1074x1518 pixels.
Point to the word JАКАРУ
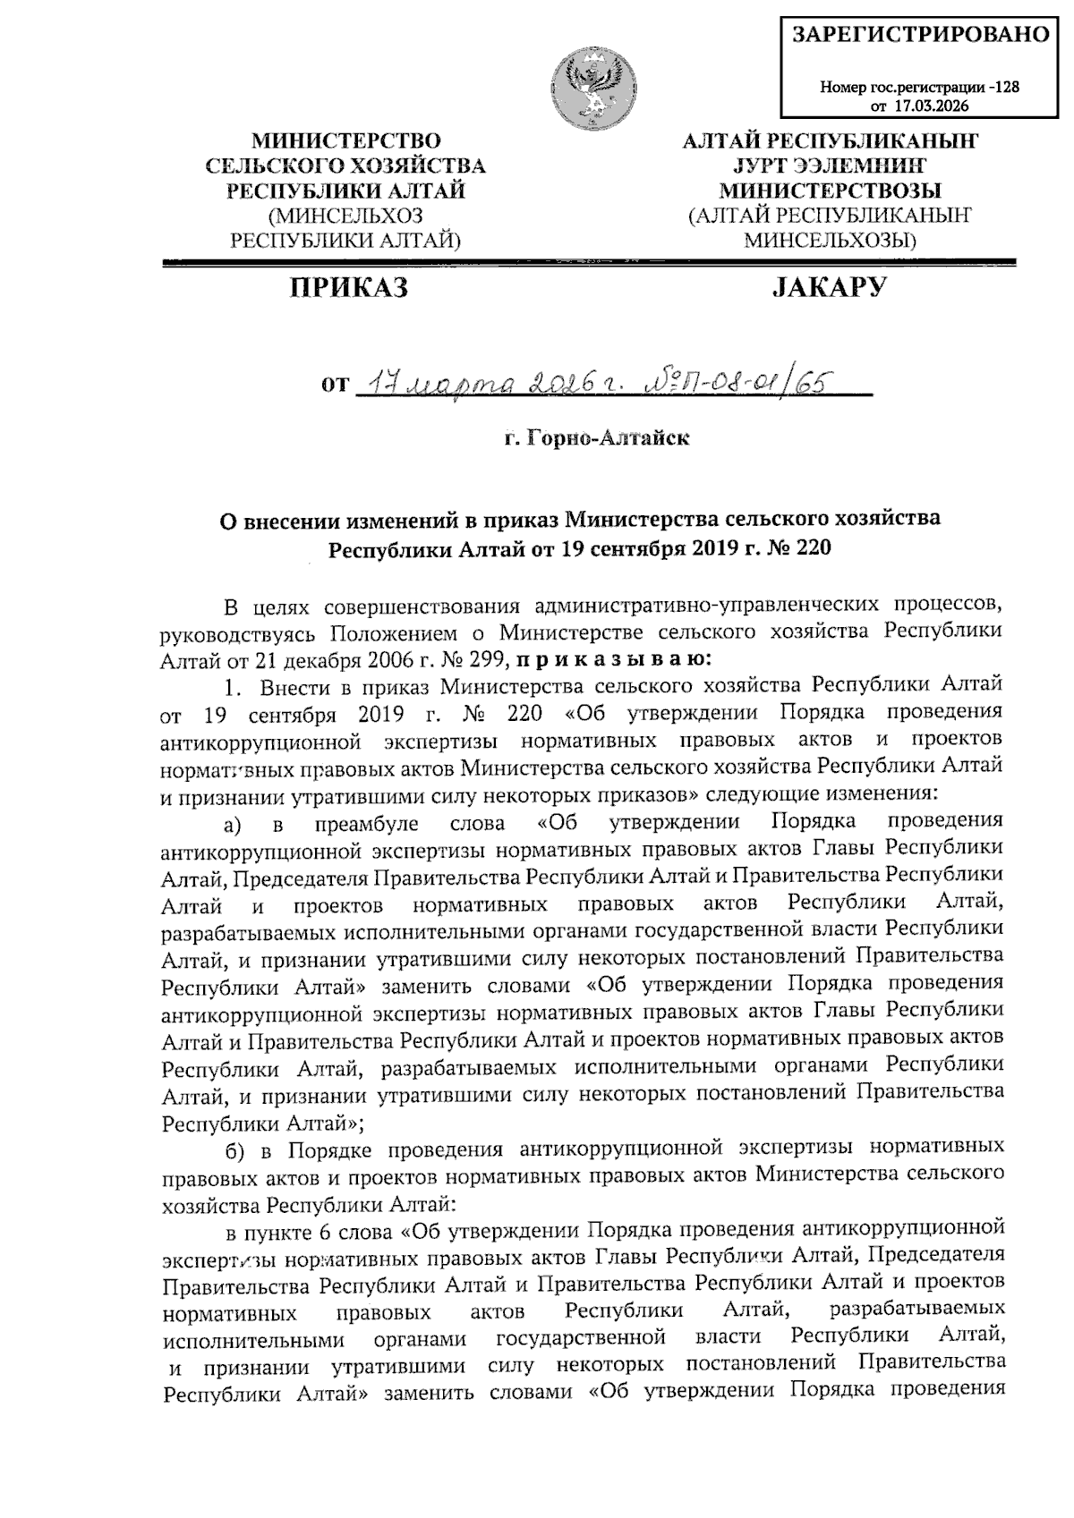[x=829, y=287]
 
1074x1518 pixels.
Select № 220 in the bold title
[x=801, y=547]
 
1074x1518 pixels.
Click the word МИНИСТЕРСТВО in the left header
[x=346, y=141]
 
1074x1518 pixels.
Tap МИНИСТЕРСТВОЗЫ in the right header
[x=831, y=191]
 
